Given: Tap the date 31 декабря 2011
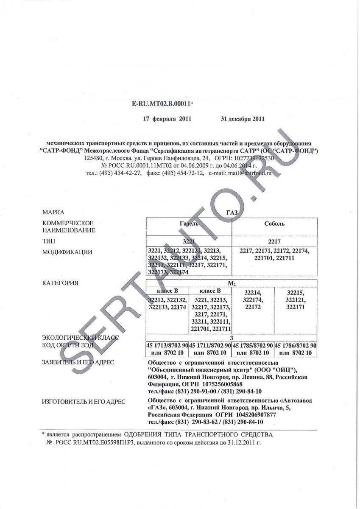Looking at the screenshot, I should [243, 119].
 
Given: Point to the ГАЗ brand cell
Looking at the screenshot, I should [232, 212].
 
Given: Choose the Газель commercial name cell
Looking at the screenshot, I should [189, 224].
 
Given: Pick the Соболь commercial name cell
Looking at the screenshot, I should [274, 224].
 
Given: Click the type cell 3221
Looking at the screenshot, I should [189, 241].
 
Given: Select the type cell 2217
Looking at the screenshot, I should [274, 241].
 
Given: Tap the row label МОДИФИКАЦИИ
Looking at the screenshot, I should [67, 252].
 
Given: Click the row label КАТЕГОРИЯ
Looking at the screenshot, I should [60, 282].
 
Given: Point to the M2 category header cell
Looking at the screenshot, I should [232, 282].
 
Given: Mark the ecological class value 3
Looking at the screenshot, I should [232, 338].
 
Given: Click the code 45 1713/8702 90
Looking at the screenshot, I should [167, 345].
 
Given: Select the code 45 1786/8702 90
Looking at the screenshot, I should [296, 345].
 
